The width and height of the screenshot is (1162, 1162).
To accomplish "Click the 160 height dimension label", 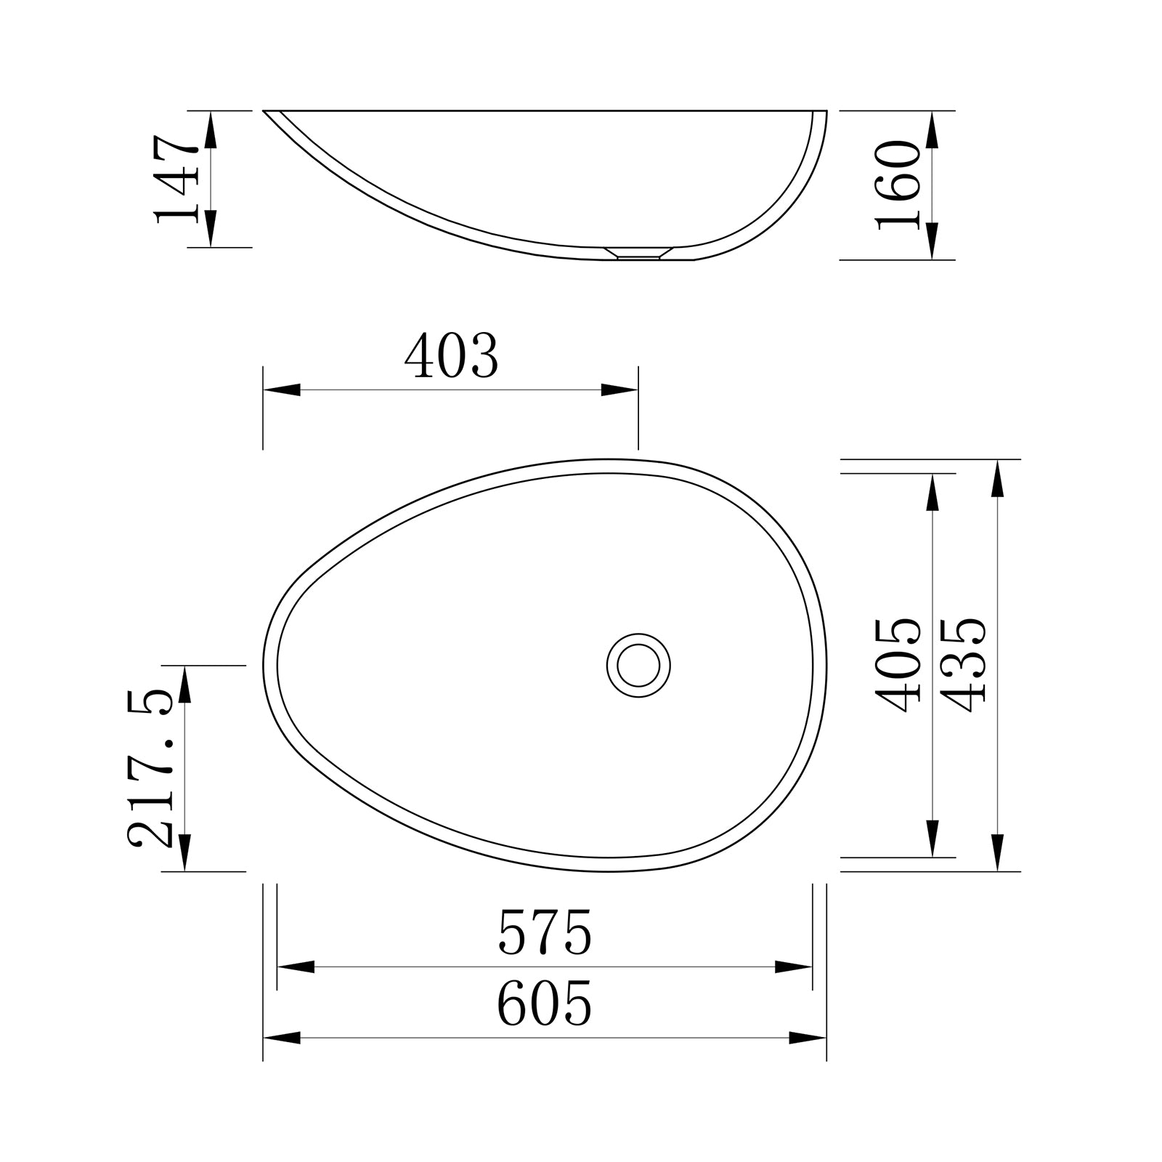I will (x=899, y=185).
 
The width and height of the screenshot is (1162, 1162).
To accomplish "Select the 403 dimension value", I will (x=451, y=357).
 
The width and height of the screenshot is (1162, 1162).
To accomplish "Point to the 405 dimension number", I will (x=899, y=665).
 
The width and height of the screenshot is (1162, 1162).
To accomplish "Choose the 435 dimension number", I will (x=964, y=665).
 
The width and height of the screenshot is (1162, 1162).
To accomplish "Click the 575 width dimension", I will (x=545, y=933).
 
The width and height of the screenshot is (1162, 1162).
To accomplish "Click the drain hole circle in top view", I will (x=638, y=665).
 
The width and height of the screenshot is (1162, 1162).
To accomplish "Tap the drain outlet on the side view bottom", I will (x=638, y=254).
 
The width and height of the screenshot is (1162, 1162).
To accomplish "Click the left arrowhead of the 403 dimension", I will (x=282, y=390).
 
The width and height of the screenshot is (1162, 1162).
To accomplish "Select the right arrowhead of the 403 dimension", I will (x=619, y=390).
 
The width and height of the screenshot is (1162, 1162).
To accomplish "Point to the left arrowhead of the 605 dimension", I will (x=282, y=1038).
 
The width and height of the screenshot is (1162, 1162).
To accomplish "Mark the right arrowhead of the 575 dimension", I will (x=793, y=967).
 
